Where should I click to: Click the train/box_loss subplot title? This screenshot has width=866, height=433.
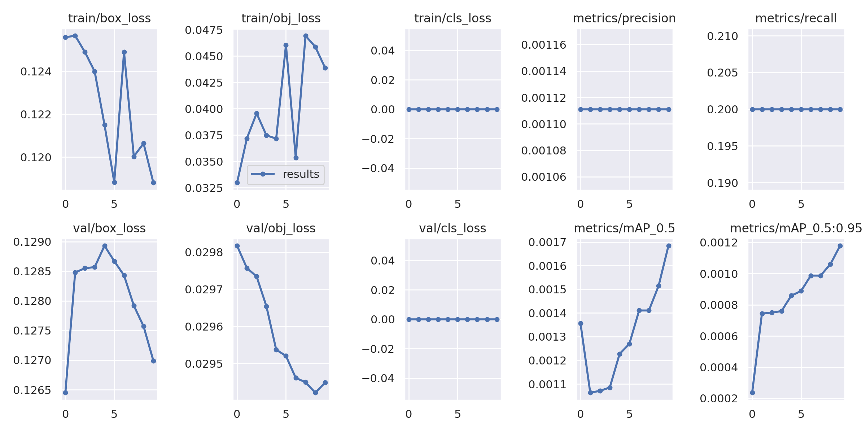pos(109,18)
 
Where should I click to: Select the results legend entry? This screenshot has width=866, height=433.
pos(285,174)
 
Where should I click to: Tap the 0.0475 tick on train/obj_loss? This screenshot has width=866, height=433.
pos(204,30)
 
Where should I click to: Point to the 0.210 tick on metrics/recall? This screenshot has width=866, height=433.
pos(722,36)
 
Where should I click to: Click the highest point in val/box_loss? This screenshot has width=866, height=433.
pos(105,246)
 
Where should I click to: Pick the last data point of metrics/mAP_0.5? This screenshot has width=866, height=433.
pos(669,246)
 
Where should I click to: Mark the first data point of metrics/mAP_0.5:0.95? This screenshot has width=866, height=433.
pos(752,393)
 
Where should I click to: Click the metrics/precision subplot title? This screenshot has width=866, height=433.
pos(624,18)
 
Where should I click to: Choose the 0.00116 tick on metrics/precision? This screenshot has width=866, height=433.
pos(544,45)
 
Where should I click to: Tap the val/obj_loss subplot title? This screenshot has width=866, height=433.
pos(281,228)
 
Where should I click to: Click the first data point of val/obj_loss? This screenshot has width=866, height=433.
pos(237,246)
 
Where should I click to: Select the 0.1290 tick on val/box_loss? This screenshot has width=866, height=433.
pos(32,242)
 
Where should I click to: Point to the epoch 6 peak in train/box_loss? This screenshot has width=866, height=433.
pos(124,52)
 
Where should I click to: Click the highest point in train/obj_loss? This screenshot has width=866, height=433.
pos(306,36)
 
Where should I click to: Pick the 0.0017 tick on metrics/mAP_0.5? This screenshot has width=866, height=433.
pos(547,242)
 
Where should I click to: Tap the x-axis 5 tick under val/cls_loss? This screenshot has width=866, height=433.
pos(458,414)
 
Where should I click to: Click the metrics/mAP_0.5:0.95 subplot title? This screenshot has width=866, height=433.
pos(796,228)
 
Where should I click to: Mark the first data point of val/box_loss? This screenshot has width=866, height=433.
pos(65,393)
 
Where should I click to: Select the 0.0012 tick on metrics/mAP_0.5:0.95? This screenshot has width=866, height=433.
pos(719,242)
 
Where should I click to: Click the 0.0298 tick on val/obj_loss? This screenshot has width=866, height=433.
pos(204,252)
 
